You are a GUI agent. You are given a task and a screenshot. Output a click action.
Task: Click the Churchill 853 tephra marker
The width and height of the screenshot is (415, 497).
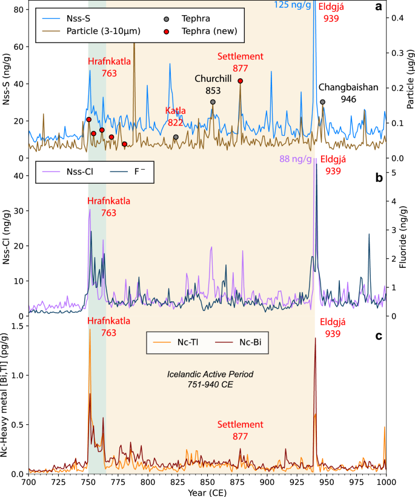click(x=213, y=102)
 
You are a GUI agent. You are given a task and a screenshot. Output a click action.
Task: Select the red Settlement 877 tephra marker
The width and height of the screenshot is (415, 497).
click(x=241, y=81)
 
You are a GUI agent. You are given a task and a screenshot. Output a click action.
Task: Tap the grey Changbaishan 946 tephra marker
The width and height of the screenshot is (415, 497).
click(x=322, y=102)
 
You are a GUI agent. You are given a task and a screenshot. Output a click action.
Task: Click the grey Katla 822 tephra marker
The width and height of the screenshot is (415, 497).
click(x=176, y=137)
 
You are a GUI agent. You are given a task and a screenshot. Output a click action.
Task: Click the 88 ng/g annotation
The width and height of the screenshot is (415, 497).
click(x=296, y=159)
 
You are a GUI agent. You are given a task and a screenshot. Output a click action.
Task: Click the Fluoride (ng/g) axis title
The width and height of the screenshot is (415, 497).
click(x=408, y=237)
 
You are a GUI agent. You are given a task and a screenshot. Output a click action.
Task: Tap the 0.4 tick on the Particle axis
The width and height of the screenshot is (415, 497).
click(x=396, y=18)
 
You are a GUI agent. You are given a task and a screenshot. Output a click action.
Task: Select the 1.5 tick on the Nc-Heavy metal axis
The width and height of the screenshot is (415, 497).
click(x=17, y=326)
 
